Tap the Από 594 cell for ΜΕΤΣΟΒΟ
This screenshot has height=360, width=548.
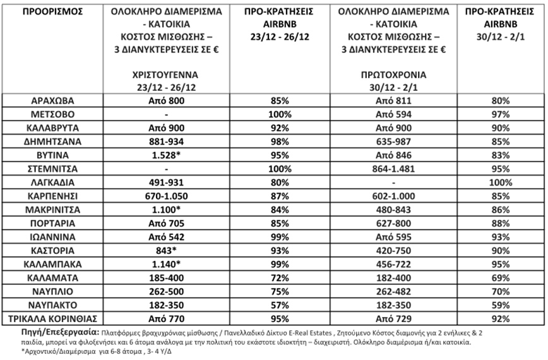[390, 114]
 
